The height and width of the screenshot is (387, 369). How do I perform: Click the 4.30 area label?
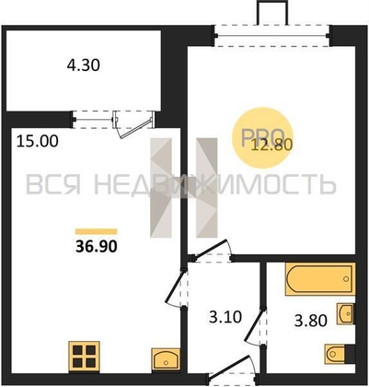click(84, 65)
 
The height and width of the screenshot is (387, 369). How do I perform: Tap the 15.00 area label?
click(37, 142)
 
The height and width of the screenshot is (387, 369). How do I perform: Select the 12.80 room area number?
click(271, 145)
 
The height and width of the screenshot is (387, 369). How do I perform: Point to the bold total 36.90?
click(97, 246)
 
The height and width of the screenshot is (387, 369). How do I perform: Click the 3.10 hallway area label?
click(225, 317)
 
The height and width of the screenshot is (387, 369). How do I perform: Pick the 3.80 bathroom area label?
click(311, 321)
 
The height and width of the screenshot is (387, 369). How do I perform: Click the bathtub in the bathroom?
click(320, 279)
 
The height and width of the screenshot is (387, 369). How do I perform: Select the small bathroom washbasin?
click(346, 313)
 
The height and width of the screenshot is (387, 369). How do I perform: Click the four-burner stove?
click(84, 357)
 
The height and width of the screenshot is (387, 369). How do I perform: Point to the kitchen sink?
click(166, 359)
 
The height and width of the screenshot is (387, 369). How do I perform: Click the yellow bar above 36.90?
click(97, 231)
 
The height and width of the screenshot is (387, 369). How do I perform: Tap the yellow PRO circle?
click(263, 137)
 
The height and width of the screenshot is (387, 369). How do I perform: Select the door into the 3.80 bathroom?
click(256, 326)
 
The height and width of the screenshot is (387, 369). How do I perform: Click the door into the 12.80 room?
click(212, 252)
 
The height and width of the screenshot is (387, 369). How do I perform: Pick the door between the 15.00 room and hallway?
click(176, 287)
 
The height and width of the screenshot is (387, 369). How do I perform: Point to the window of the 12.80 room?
click(271, 36)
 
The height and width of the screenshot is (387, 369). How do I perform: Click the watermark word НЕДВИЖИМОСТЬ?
click(214, 184)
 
